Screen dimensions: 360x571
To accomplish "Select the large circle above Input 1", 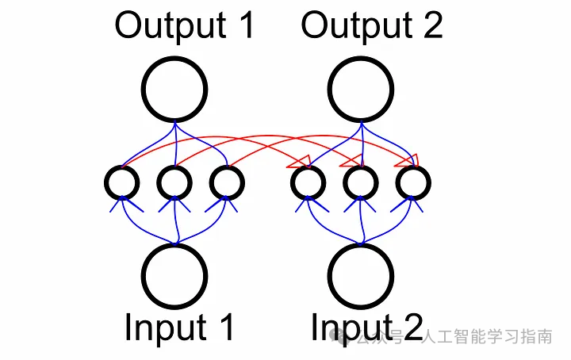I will pyautogui.click(x=174, y=276).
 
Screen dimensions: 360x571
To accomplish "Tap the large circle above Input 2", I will pyautogui.click(x=362, y=276).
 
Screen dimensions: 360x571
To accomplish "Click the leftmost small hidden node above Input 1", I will pyautogui.click(x=121, y=183).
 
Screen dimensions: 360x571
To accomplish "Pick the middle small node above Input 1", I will pyautogui.click(x=174, y=183).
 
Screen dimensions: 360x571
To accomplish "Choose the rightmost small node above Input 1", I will pyautogui.click(x=228, y=183).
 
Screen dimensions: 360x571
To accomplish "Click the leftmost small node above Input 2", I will pyautogui.click(x=308, y=183).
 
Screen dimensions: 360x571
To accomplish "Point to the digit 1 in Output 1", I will pyautogui.click(x=244, y=25).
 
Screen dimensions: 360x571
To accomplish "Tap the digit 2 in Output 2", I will pyautogui.click(x=431, y=25).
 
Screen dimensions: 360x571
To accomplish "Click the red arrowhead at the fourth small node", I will pyautogui.click(x=300, y=163).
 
